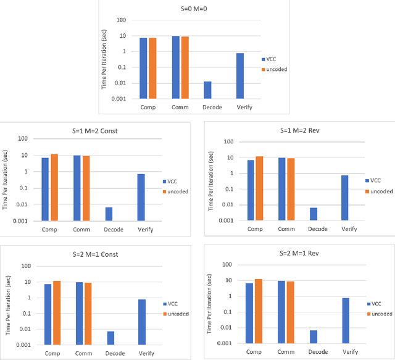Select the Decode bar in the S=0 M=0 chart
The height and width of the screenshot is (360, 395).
(x=207, y=90)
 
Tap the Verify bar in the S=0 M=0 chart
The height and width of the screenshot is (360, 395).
(x=240, y=76)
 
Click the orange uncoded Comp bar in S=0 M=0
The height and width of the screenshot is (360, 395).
(x=152, y=68)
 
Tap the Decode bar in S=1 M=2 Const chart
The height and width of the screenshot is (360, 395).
(x=109, y=214)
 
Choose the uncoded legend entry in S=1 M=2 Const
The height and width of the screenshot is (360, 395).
(x=178, y=191)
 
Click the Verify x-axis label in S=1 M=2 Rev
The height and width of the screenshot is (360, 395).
(x=351, y=229)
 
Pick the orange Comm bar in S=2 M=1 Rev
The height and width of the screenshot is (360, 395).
(x=291, y=311)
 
